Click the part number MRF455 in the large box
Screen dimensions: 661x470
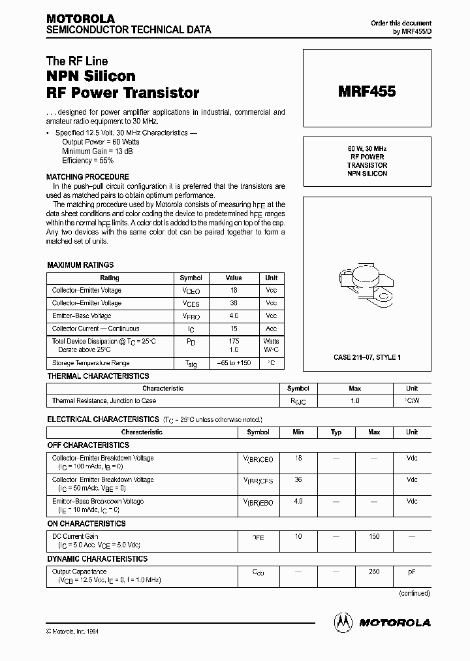[366, 92]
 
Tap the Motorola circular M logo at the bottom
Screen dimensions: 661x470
[343, 622]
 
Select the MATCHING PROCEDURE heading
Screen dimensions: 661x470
[87, 177]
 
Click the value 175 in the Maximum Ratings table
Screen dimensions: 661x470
[234, 341]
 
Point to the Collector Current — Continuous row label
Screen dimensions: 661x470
[95, 329]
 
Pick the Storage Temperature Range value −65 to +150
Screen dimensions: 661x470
[234, 363]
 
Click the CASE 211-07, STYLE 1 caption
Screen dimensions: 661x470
[367, 357]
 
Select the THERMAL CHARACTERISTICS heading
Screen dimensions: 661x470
[98, 376]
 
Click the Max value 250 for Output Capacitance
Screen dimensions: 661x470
[374, 572]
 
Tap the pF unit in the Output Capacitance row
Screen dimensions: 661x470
[412, 572]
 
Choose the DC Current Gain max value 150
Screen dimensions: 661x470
[374, 536]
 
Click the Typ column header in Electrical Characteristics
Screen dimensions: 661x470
[336, 432]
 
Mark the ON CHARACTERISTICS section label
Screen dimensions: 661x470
[86, 524]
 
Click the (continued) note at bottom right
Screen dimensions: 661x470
[414, 593]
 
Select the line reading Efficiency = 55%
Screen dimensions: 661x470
[87, 160]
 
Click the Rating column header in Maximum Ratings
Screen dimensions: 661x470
[110, 278]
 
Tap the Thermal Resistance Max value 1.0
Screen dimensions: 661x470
[355, 400]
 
